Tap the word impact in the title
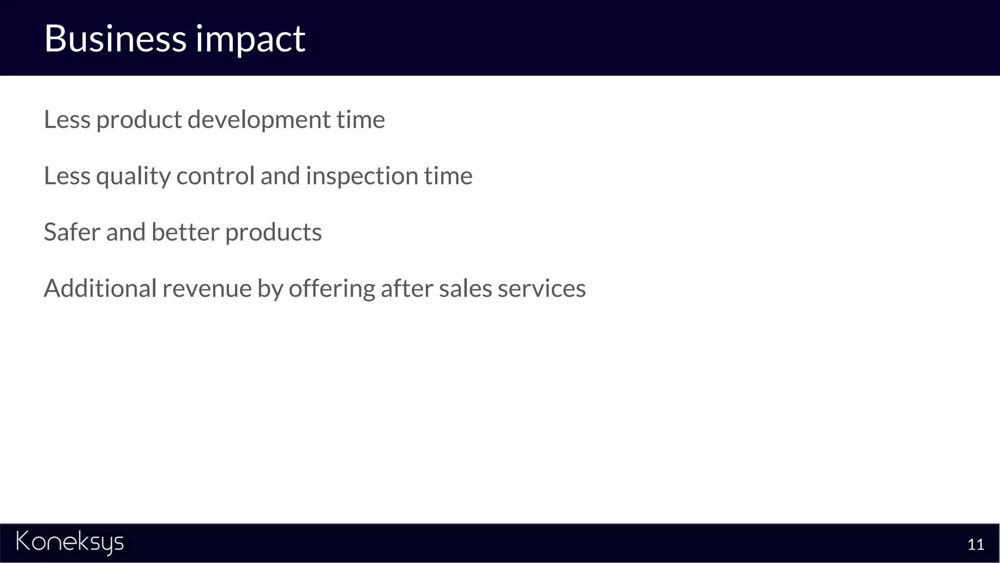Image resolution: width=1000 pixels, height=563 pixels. tap(250, 39)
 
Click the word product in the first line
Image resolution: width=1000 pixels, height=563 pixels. tap(139, 120)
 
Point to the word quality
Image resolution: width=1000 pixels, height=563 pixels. tap(133, 176)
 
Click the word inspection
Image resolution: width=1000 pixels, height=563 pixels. tap(362, 176)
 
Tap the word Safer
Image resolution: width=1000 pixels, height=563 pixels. tap(72, 232)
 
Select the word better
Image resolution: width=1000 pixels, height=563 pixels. tap(185, 232)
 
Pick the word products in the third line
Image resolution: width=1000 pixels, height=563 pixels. tap(273, 233)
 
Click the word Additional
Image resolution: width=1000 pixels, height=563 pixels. tap(100, 288)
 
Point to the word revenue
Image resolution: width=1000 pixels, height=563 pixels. tap(207, 289)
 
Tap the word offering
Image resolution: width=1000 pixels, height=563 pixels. tap(332, 289)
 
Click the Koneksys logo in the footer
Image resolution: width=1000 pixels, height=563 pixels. tap(70, 542)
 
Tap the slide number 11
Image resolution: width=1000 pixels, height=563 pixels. tap(976, 544)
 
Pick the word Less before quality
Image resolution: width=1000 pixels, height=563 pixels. tap(67, 175)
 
